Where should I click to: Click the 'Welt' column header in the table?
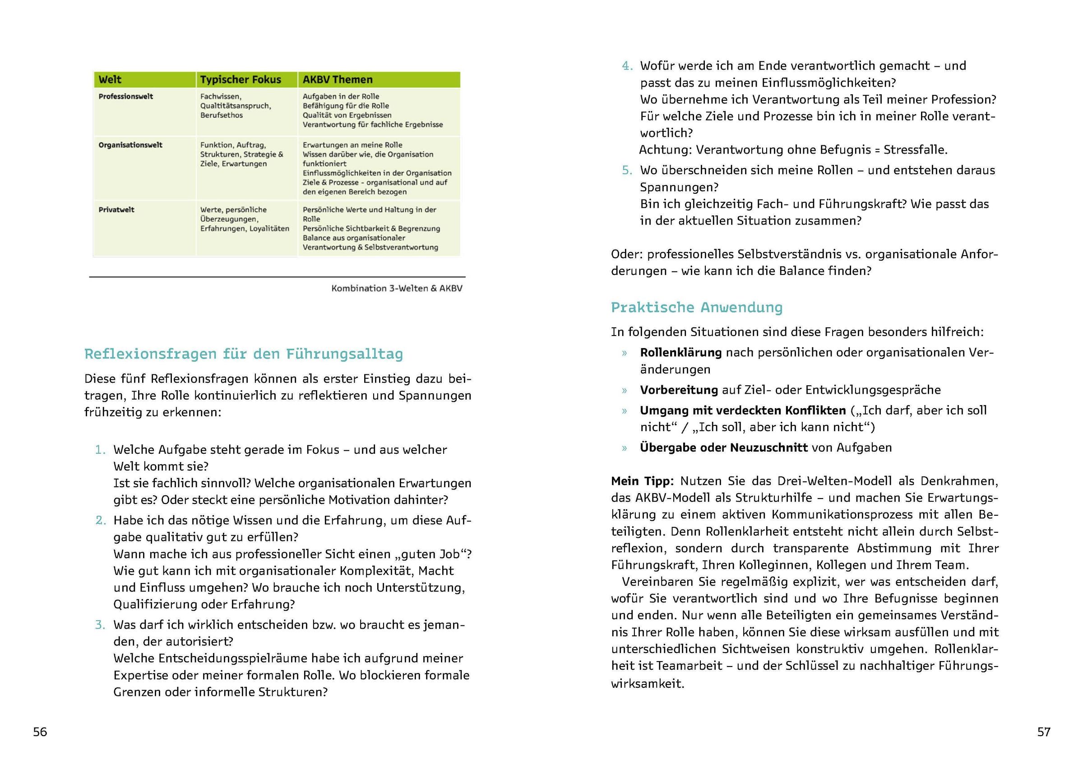click(x=110, y=79)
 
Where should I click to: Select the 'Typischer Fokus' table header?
click(x=241, y=79)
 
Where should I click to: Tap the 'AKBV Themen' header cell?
click(x=338, y=79)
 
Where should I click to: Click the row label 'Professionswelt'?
click(x=126, y=97)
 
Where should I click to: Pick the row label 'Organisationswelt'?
click(x=130, y=145)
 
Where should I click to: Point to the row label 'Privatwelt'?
click(x=116, y=210)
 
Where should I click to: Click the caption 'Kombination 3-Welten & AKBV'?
click(x=397, y=289)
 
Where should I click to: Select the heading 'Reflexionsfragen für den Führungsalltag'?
click(x=244, y=354)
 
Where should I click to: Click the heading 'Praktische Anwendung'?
click(x=696, y=308)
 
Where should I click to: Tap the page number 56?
click(x=40, y=732)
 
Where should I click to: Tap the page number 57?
click(x=1044, y=732)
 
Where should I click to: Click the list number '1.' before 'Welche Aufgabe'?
click(x=100, y=450)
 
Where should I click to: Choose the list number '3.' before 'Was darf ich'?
click(x=100, y=625)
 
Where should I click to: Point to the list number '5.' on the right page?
click(x=627, y=171)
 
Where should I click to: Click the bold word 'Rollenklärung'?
click(x=680, y=353)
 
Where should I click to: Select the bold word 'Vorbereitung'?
click(x=679, y=390)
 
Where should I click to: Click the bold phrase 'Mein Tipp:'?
click(x=642, y=481)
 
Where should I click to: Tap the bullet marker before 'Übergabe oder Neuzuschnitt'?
click(x=625, y=448)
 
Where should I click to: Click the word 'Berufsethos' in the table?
click(x=222, y=116)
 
